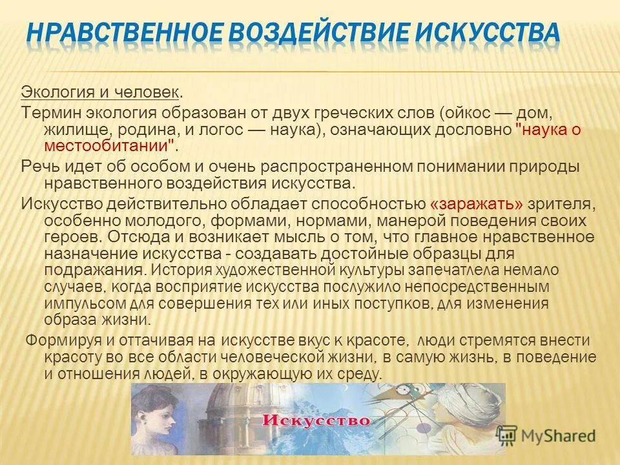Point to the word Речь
39,167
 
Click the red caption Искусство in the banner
316,420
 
